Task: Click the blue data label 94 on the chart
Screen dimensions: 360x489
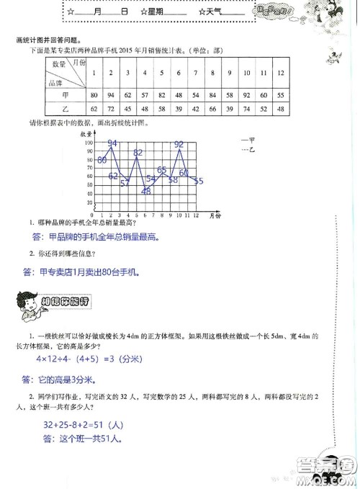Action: [112, 143]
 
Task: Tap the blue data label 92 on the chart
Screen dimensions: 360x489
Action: [179, 145]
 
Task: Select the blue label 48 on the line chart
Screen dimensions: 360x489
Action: [146, 191]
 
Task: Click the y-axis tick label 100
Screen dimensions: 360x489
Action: [88, 143]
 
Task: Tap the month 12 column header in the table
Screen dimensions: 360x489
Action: [281, 73]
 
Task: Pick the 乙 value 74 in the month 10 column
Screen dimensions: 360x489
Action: [246, 108]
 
